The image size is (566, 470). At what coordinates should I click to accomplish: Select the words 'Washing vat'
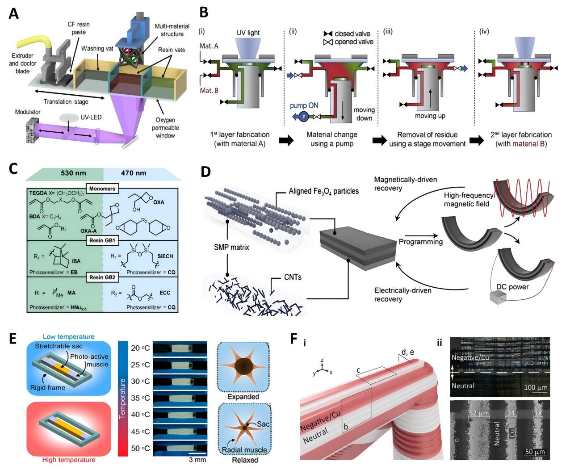pyautogui.click(x=97, y=48)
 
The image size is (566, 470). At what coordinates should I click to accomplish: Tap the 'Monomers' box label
pyautogui.click(x=102, y=189)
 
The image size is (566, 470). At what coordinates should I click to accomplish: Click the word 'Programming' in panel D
pyautogui.click(x=420, y=242)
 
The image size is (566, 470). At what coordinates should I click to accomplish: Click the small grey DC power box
pyautogui.click(x=495, y=298)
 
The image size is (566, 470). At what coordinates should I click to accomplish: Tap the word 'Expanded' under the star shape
pyautogui.click(x=243, y=396)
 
